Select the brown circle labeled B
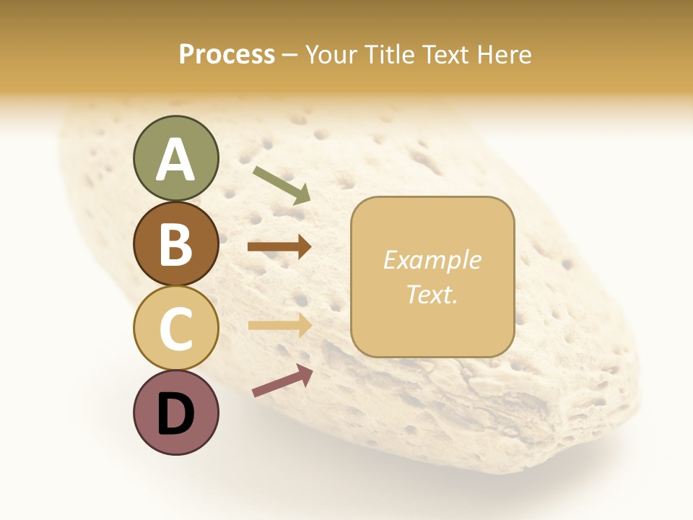pyautogui.click(x=176, y=243)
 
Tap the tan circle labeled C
pyautogui.click(x=176, y=327)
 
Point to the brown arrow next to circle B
pyautogui.click(x=279, y=247)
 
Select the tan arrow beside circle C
pyautogui.click(x=279, y=326)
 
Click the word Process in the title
pyautogui.click(x=227, y=55)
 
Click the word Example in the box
pyautogui.click(x=432, y=260)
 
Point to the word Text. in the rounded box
pyautogui.click(x=432, y=294)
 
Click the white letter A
pyautogui.click(x=176, y=160)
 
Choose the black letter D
pyautogui.click(x=176, y=414)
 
